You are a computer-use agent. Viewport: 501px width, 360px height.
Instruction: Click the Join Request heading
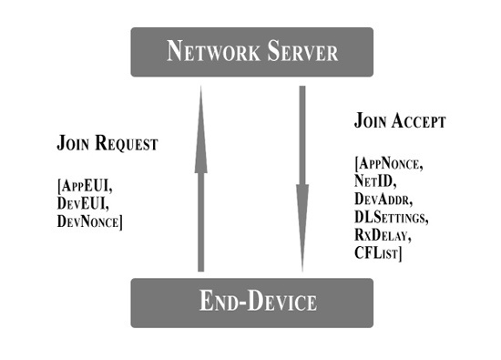click(107, 144)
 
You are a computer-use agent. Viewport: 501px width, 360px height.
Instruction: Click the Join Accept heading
click(399, 120)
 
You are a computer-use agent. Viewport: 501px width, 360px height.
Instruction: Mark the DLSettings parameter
click(390, 217)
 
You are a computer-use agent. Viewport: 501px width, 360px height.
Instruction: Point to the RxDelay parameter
click(381, 234)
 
